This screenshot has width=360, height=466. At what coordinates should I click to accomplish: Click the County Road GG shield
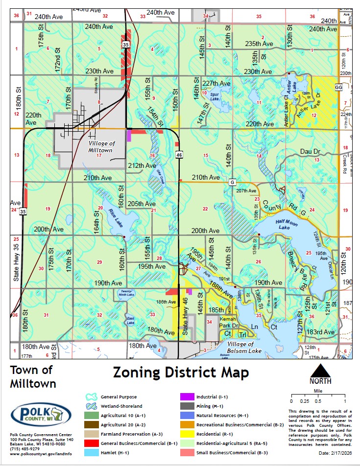coord(338,87)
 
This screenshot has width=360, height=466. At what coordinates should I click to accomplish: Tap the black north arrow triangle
coord(320,372)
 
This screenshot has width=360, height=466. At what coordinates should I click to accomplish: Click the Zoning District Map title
coord(181,373)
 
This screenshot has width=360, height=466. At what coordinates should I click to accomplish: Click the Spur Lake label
coord(214,96)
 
